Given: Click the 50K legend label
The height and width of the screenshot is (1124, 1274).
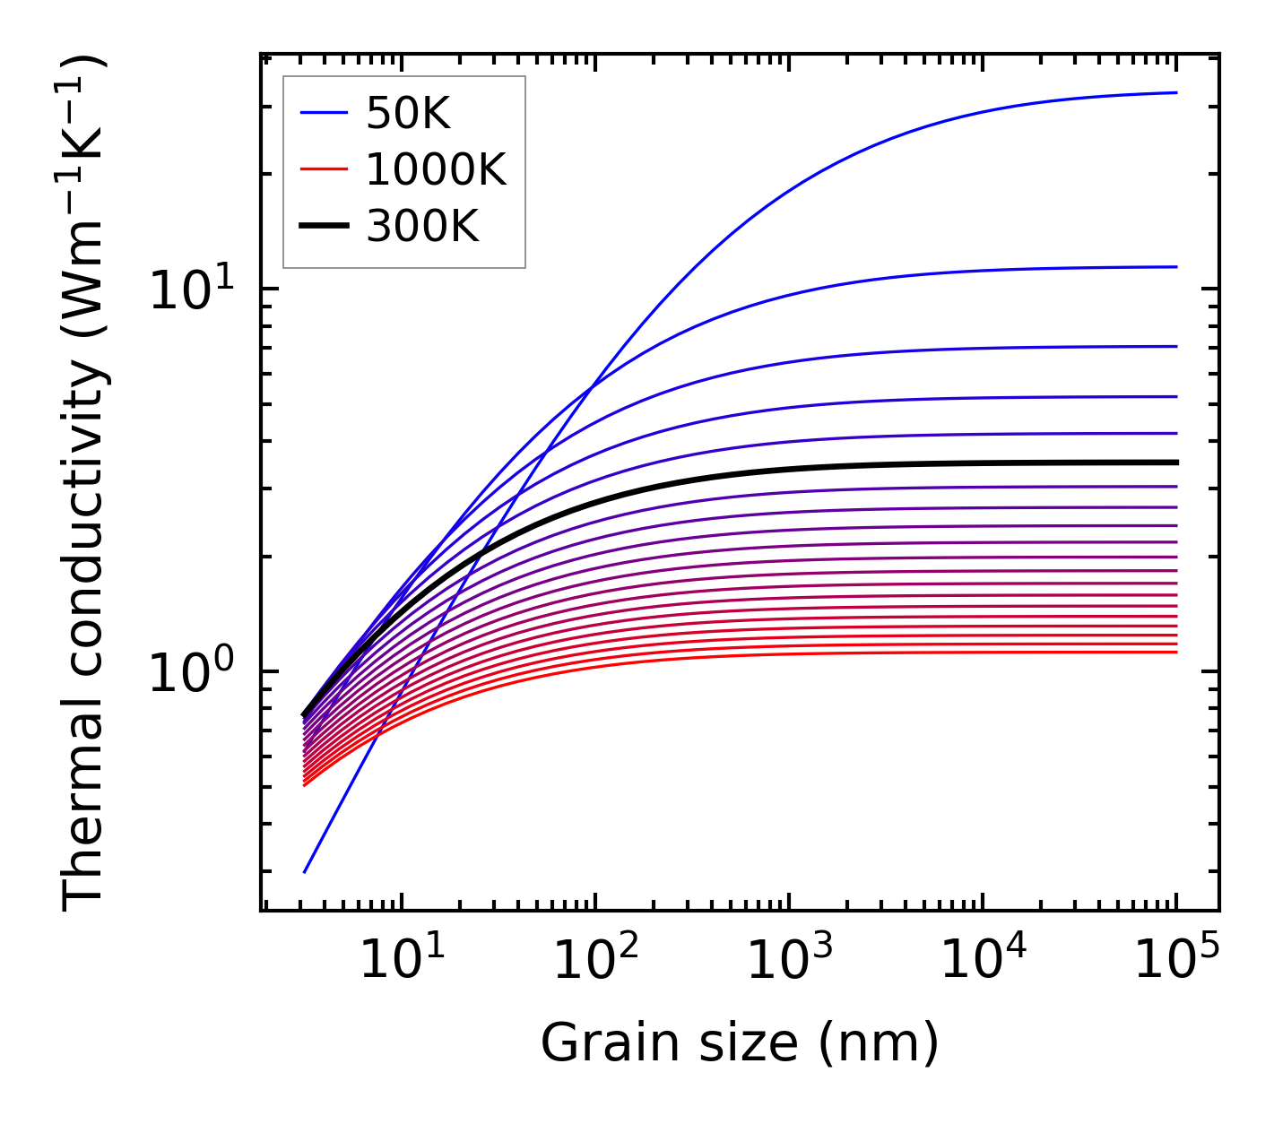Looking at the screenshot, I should [x=408, y=114].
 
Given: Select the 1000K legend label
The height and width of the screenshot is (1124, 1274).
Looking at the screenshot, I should [x=436, y=169].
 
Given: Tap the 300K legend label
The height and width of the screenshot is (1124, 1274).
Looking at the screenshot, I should [x=422, y=227].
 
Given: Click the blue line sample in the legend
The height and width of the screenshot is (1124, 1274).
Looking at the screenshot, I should [x=323, y=113].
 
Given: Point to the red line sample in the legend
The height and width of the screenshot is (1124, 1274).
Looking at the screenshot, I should [x=323, y=169].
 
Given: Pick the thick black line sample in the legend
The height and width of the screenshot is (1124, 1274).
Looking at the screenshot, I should [x=323, y=226].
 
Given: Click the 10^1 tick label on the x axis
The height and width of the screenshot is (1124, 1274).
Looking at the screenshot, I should [x=401, y=962].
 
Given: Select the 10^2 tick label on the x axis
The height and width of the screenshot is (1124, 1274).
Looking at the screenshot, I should [x=595, y=962].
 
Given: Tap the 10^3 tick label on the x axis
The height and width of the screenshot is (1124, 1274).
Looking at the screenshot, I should [x=790, y=962].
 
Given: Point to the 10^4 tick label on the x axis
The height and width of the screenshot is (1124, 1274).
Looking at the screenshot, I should [x=984, y=962].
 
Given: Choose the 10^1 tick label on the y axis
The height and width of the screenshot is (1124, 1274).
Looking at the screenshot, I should [x=191, y=290].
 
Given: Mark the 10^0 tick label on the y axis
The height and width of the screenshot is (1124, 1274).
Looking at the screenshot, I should [x=191, y=672].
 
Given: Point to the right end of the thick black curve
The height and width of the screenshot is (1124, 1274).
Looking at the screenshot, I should [x=1175, y=463].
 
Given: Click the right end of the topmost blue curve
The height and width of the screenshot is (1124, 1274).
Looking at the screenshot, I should [x=1175, y=92].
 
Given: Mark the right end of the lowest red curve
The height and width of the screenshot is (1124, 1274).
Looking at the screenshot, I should [x=1175, y=652].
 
